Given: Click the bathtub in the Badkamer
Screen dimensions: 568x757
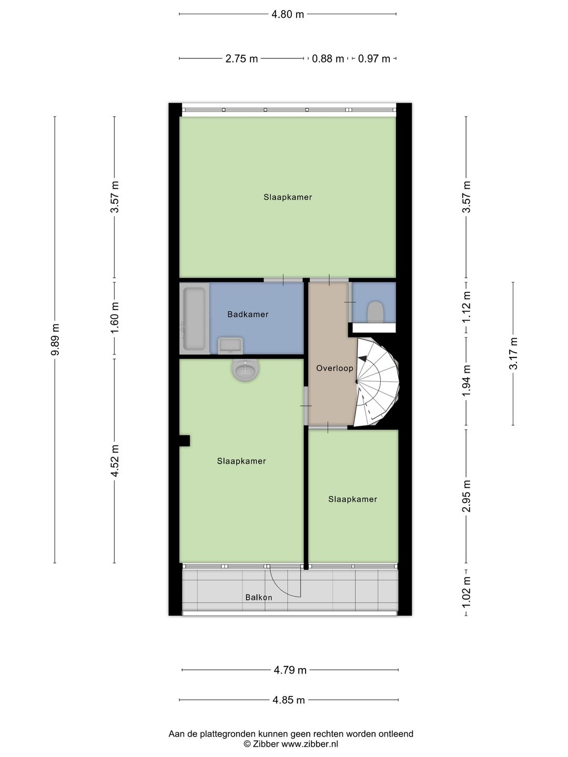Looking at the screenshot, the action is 194,319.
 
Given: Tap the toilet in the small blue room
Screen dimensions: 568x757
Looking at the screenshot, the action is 375,311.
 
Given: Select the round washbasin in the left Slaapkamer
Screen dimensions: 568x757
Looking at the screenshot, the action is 246,370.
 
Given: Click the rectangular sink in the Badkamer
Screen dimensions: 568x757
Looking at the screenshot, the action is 230,345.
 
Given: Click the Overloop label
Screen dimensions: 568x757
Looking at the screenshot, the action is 334,369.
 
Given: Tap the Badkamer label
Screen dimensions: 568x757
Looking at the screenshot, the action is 248,314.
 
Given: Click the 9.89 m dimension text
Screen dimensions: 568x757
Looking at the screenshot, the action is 55,340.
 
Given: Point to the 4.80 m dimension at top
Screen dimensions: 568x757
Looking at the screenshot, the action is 288,14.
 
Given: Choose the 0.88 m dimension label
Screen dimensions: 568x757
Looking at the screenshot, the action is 328,59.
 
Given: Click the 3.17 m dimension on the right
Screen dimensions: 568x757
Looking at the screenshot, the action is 513,353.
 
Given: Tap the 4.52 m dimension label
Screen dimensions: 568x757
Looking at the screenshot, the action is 115,461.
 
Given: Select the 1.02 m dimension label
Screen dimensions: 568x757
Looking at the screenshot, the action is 466,592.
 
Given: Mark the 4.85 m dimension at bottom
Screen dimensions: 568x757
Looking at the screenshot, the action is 289,700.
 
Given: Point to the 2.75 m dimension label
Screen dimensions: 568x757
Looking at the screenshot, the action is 241,59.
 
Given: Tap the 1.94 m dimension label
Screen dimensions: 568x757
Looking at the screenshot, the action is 466,381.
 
